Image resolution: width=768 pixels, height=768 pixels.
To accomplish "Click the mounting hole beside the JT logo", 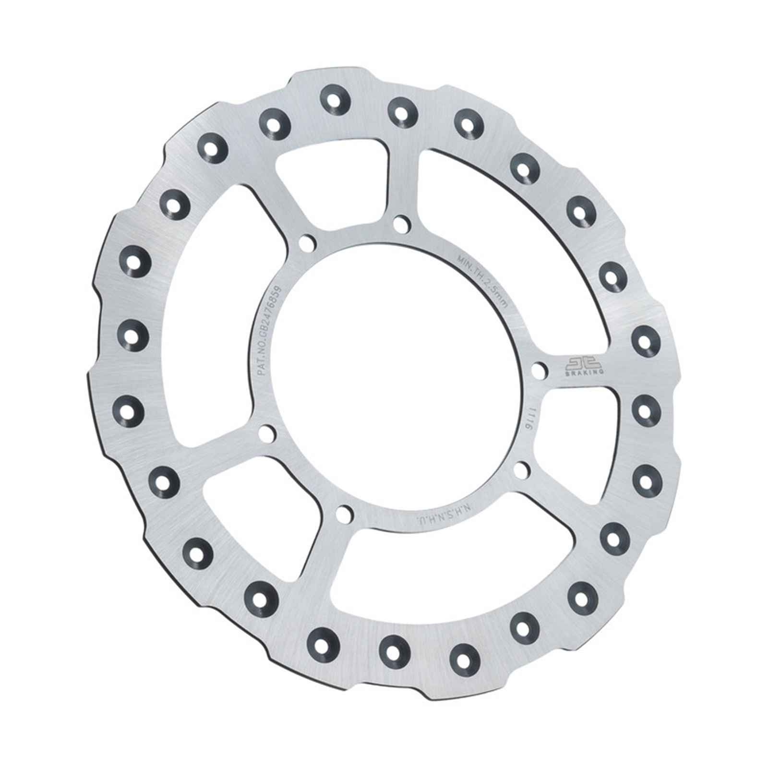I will coord(540,370).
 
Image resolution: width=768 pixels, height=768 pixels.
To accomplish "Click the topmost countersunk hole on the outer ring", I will coord(335,100).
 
